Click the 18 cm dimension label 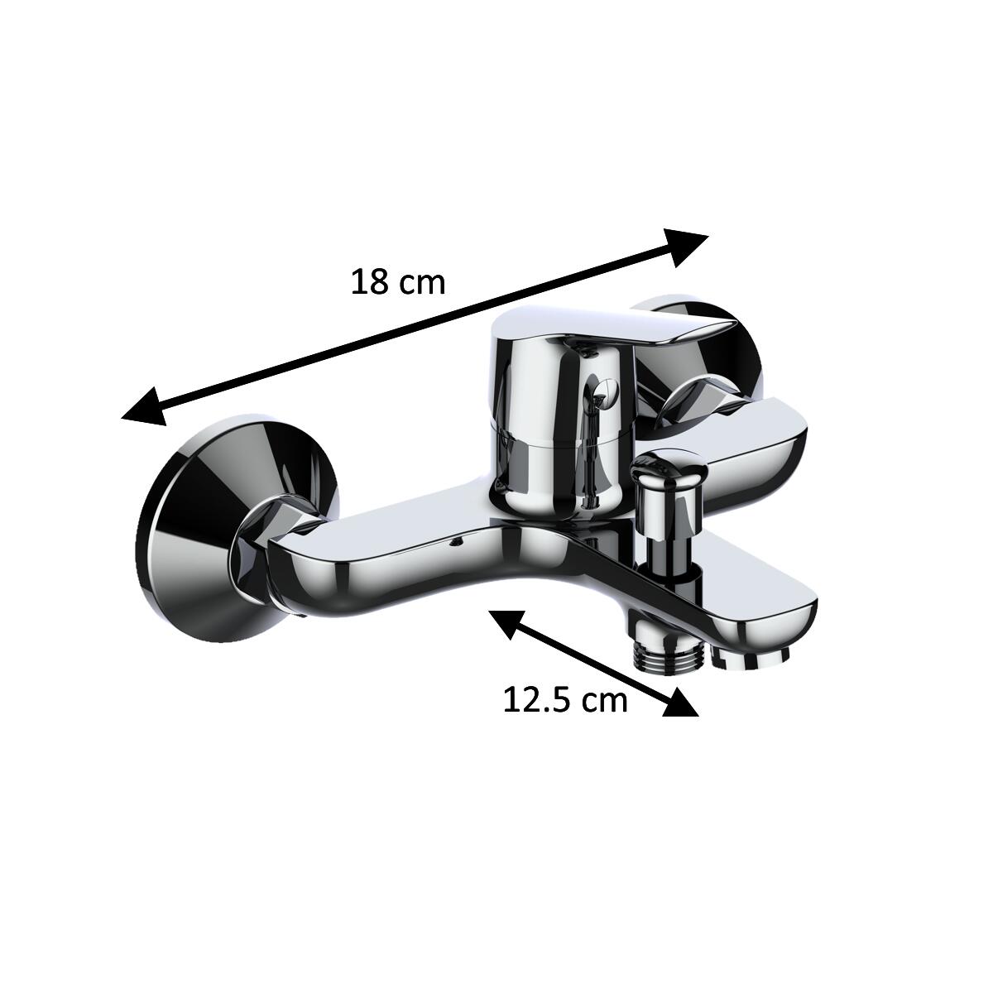pos(398,284)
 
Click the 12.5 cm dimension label pos(565,701)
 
